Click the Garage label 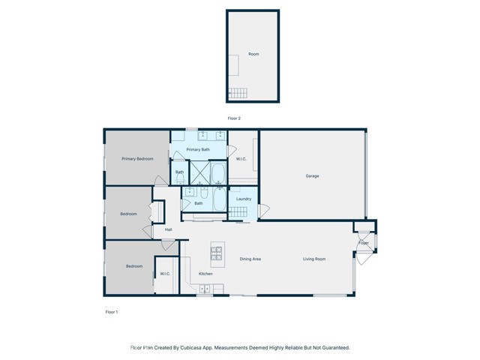(312, 176)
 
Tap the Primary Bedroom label (138, 159)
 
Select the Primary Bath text (198, 150)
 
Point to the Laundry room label (243, 199)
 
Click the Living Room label (314, 259)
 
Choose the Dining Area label (250, 259)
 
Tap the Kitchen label (205, 274)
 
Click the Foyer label (364, 243)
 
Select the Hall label (169, 229)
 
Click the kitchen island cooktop (217, 255)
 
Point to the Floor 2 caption (235, 118)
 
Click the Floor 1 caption (111, 311)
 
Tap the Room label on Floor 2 (254, 54)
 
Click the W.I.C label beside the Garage (241, 159)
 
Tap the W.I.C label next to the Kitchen (165, 274)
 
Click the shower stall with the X (200, 173)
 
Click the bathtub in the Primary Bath (218, 174)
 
